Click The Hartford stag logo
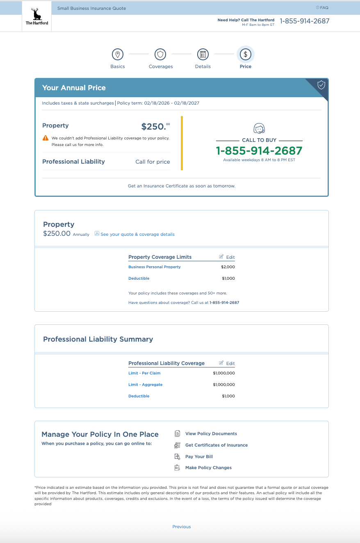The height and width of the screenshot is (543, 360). pyautogui.click(x=37, y=16)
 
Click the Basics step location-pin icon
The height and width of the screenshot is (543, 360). pyautogui.click(x=118, y=54)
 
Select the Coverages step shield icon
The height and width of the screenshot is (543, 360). pyautogui.click(x=160, y=54)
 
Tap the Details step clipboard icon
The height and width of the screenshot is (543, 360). pyautogui.click(x=203, y=54)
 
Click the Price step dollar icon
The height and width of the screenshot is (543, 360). pyautogui.click(x=246, y=54)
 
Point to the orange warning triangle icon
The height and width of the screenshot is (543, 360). pyautogui.click(x=46, y=138)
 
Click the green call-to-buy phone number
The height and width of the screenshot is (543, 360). pyautogui.click(x=259, y=151)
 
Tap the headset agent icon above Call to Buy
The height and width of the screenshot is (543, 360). pyautogui.click(x=259, y=128)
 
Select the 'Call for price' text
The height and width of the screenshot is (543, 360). pyautogui.click(x=153, y=162)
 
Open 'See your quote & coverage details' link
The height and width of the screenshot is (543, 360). pyautogui.click(x=137, y=235)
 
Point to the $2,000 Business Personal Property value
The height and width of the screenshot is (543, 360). pyautogui.click(x=228, y=267)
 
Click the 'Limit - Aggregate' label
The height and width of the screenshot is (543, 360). pyautogui.click(x=145, y=385)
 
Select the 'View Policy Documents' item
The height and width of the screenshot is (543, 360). pyautogui.click(x=211, y=433)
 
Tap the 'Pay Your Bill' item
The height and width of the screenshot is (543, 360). pyautogui.click(x=199, y=456)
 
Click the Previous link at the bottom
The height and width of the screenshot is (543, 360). pyautogui.click(x=182, y=527)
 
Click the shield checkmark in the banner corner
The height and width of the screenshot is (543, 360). pyautogui.click(x=321, y=85)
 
